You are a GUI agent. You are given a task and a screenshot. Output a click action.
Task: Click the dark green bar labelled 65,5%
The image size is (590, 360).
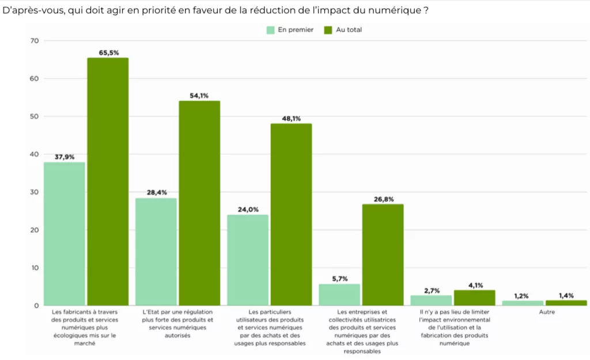pos(108,181)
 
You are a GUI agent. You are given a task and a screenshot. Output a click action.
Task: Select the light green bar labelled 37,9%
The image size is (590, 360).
pos(65,233)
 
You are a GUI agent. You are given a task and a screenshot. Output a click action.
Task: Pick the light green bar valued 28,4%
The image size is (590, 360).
pos(156,252)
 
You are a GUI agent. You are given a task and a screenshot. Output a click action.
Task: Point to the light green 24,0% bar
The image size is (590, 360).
pos(248,260)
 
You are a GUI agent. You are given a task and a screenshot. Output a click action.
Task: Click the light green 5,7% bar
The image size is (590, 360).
pos(339,294)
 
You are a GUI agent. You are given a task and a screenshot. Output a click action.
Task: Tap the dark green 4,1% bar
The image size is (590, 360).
pos(474,297)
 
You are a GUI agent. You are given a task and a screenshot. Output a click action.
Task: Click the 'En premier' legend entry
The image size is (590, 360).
pos(290,30)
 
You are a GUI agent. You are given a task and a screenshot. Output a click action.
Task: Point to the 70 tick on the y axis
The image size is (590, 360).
pos(34,41)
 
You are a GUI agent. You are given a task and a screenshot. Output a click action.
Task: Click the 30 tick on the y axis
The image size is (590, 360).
pos(34,192)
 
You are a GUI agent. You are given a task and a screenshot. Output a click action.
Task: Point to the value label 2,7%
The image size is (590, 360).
pos(432,290)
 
